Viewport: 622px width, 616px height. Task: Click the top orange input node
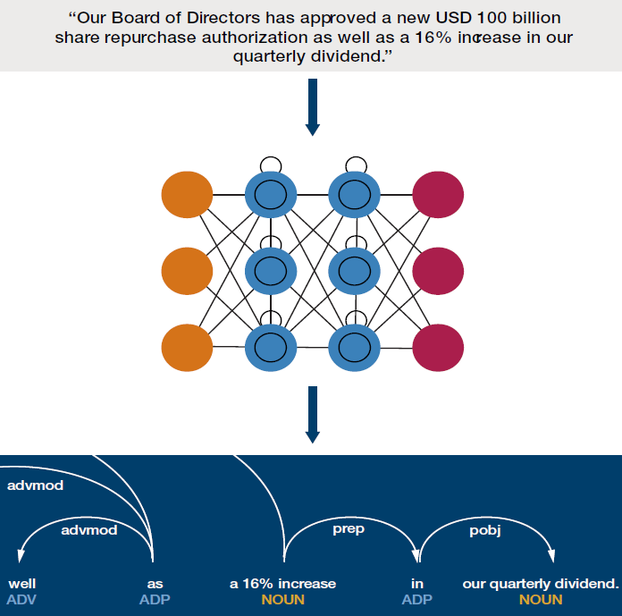pos(187,195)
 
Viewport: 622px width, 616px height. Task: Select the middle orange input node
pos(187,271)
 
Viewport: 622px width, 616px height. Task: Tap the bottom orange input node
pos(187,348)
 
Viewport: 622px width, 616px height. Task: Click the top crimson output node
pos(438,195)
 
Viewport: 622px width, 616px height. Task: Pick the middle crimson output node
pos(438,271)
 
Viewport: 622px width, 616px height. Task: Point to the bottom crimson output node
pos(438,348)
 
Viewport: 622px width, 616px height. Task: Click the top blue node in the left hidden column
pos(271,195)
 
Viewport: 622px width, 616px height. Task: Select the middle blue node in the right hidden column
pos(354,271)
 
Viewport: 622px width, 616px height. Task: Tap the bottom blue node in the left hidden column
pos(271,348)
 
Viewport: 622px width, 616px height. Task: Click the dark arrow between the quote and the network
pos(313,107)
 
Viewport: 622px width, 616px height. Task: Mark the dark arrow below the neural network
pos(313,414)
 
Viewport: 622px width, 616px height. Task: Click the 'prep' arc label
pos(349,530)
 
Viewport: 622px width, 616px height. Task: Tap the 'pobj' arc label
pos(485,531)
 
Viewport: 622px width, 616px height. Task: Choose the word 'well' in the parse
pos(22,584)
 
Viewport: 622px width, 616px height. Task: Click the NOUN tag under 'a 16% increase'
pos(282,599)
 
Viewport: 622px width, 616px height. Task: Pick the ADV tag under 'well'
pos(21,599)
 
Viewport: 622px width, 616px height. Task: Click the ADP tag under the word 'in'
pos(417,599)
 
